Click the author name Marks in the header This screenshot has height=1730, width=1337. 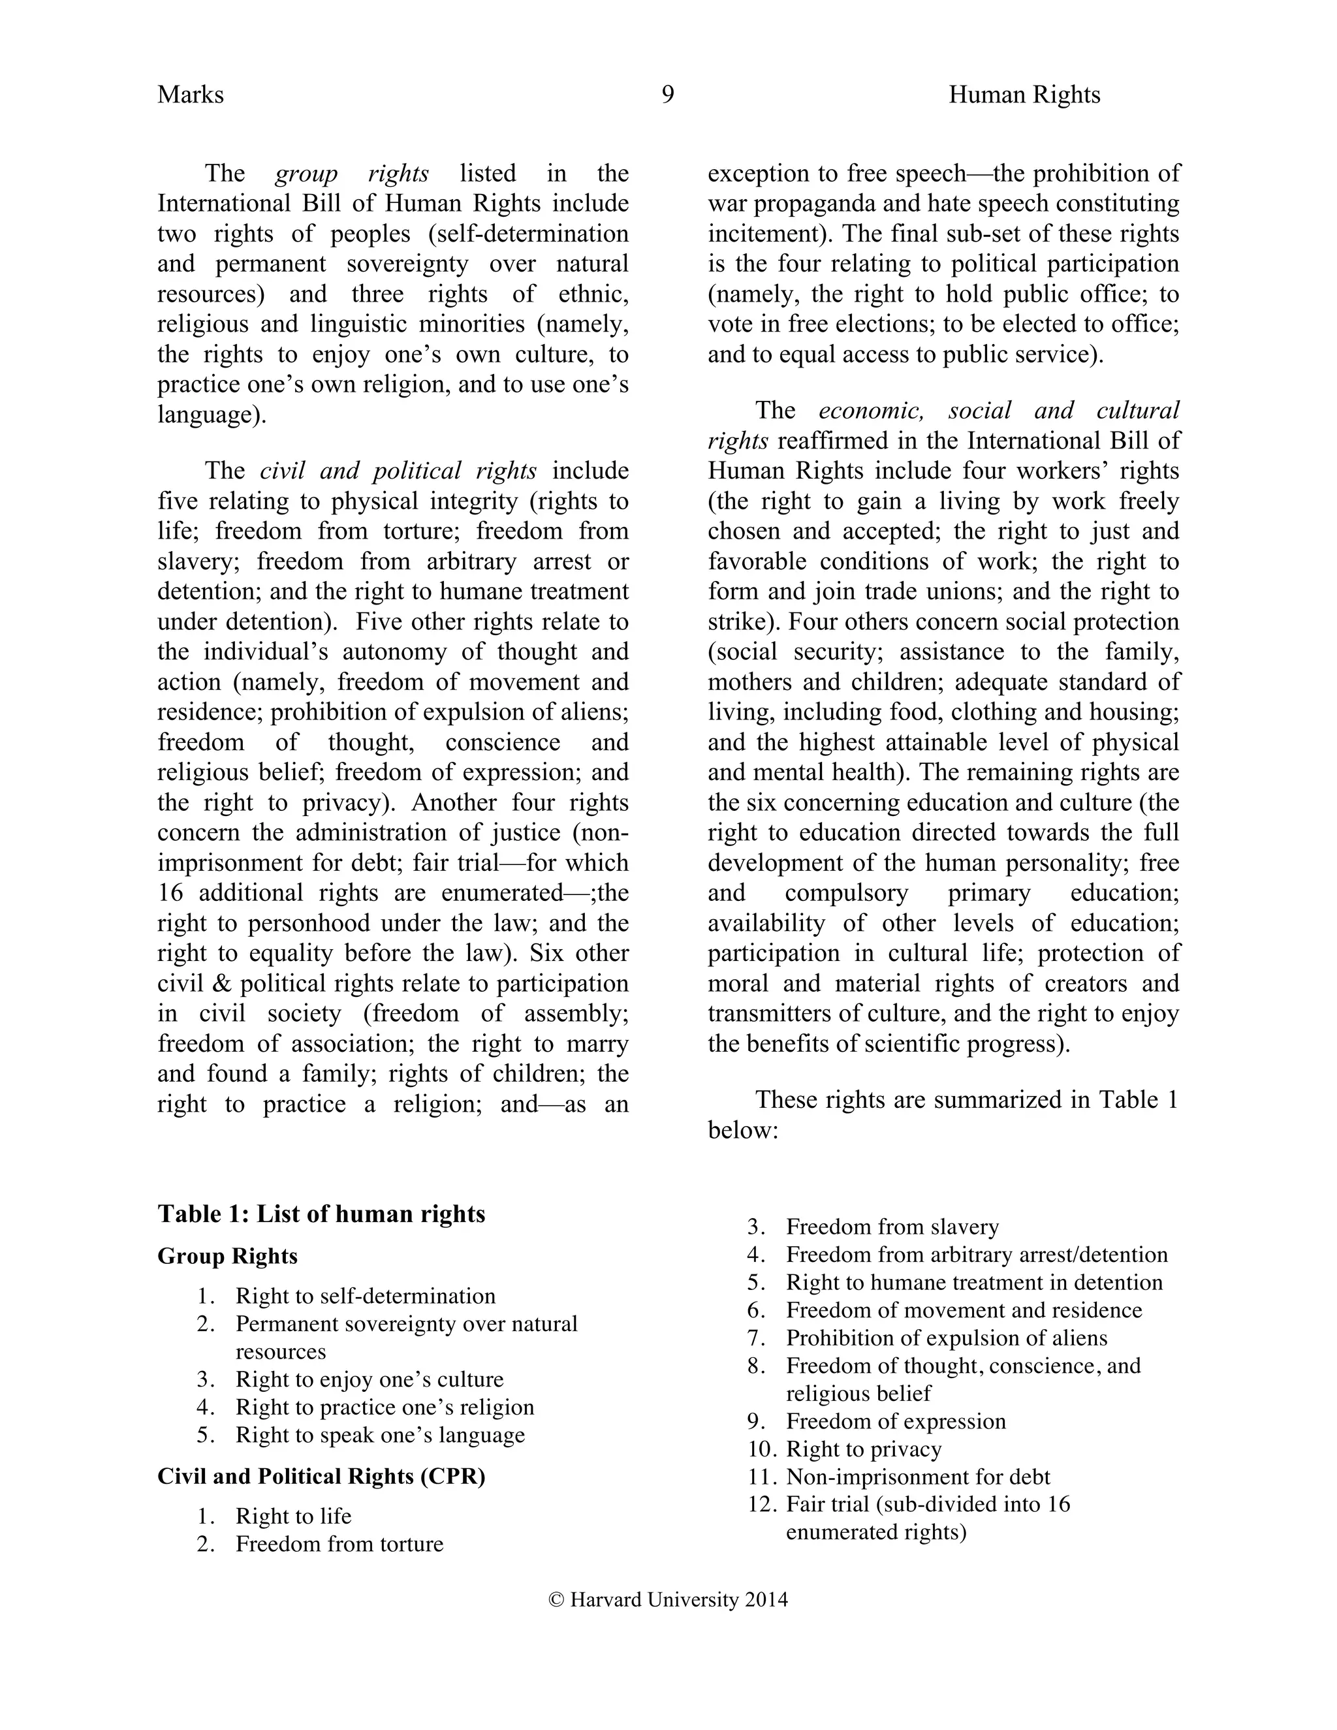tap(190, 95)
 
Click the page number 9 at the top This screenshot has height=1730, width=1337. tap(668, 95)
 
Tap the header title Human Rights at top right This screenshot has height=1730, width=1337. tap(1024, 95)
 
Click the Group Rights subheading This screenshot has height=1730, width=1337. tap(227, 1256)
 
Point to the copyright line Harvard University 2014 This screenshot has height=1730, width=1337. tap(668, 1599)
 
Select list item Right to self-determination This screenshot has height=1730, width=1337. tap(365, 1296)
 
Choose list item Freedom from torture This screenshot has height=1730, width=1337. tap(339, 1544)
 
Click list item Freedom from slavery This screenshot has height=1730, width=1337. tap(892, 1227)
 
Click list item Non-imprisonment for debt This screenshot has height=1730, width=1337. tap(917, 1477)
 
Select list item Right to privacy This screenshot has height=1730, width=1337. tap(863, 1449)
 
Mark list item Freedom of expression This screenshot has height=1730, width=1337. tap(895, 1421)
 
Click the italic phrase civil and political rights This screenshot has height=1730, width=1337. tap(398, 471)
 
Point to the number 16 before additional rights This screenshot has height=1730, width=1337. tap(170, 894)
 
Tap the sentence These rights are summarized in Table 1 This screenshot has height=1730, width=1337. tap(966, 1099)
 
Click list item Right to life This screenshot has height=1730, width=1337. tap(293, 1516)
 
